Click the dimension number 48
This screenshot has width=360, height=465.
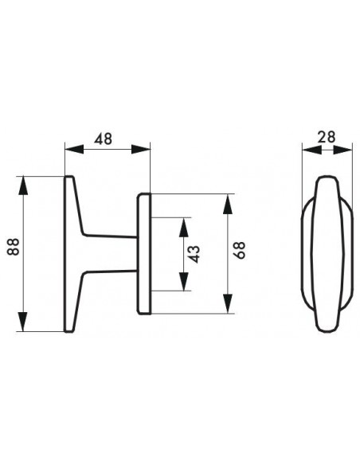click(x=103, y=139)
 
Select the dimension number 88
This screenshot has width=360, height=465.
click(x=14, y=247)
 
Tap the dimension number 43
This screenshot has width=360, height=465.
click(x=194, y=254)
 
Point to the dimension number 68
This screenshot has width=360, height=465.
click(x=241, y=250)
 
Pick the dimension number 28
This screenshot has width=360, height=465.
click(x=327, y=137)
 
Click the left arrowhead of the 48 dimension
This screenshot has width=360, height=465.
click(x=74, y=150)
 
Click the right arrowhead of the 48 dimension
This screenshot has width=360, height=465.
click(x=141, y=150)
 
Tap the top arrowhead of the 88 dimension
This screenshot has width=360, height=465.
click(x=23, y=186)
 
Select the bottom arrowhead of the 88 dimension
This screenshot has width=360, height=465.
click(x=23, y=322)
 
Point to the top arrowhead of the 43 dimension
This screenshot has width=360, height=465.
click(x=184, y=227)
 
